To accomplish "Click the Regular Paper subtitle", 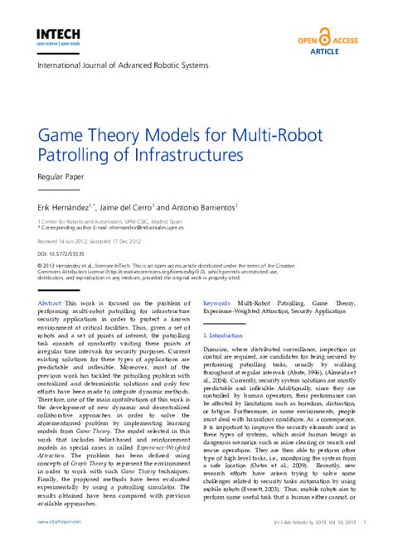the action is (x=62, y=176).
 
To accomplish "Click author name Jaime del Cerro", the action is (x=137, y=206).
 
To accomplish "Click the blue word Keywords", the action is (x=216, y=304).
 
